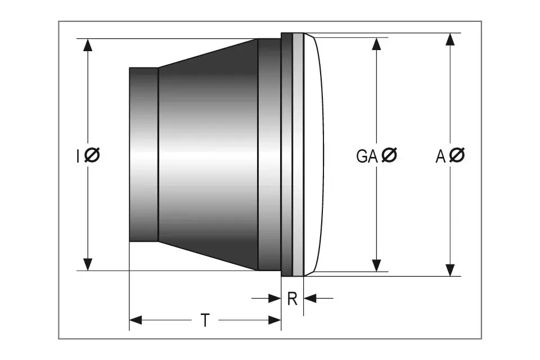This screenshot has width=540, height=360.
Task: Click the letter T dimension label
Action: [205, 321]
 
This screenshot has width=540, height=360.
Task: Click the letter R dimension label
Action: [292, 299]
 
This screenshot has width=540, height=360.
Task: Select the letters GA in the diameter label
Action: [366, 156]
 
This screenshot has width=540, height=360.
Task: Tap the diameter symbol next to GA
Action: [389, 155]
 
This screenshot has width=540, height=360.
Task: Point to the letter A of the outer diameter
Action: [440, 156]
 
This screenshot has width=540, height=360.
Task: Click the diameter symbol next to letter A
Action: [457, 155]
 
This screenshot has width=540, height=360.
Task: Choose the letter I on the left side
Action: [78, 156]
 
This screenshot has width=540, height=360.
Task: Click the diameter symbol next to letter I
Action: [92, 155]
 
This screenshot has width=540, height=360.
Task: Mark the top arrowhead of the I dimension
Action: [88, 45]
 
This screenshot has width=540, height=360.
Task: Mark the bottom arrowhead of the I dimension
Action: [88, 264]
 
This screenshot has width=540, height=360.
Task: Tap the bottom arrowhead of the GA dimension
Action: [377, 265]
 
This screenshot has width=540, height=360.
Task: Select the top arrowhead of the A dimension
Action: [450, 39]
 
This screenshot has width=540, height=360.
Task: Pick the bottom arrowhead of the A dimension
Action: [450, 269]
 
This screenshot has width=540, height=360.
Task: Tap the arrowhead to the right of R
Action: [310, 298]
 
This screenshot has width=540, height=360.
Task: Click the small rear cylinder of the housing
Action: [143, 155]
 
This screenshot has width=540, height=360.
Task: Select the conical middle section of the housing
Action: [208, 155]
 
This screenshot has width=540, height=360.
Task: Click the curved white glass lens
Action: [314, 155]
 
